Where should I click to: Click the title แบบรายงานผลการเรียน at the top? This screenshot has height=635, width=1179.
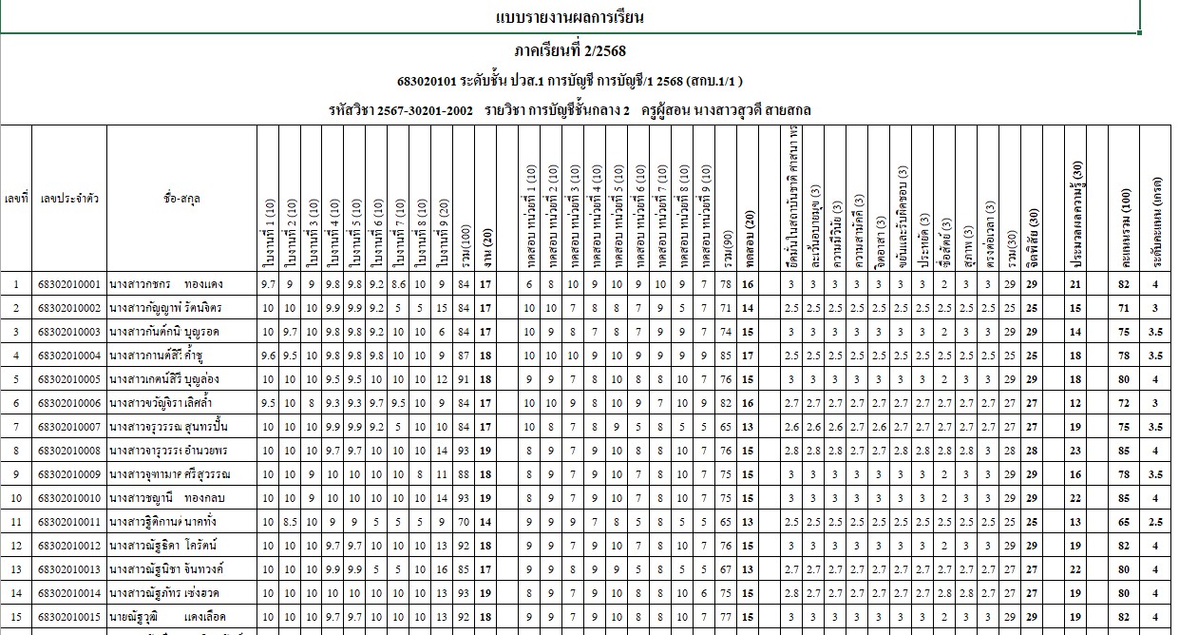point(570,17)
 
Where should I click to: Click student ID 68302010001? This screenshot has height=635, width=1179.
point(68,284)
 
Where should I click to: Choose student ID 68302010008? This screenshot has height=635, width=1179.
point(68,448)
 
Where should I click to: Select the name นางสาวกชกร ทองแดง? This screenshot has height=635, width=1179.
point(167,284)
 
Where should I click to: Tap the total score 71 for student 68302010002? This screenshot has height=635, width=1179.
point(1125,308)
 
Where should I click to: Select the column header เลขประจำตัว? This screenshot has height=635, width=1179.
point(68,199)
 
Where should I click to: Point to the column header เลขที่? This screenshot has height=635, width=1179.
point(15,199)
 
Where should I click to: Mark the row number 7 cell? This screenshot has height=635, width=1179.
point(15,425)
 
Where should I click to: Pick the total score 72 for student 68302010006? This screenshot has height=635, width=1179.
point(1125,401)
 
